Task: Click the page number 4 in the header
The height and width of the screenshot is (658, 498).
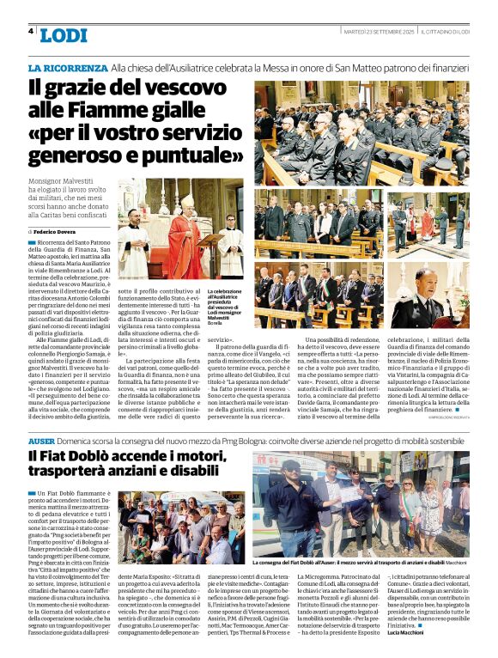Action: (31, 31)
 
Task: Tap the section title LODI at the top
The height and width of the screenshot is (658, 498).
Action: (64, 35)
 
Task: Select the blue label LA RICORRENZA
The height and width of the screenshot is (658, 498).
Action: (68, 67)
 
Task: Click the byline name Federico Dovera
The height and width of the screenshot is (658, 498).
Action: (58, 232)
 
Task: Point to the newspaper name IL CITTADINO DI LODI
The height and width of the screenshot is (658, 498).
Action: (444, 31)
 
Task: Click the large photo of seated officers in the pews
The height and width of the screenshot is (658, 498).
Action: (361, 132)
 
